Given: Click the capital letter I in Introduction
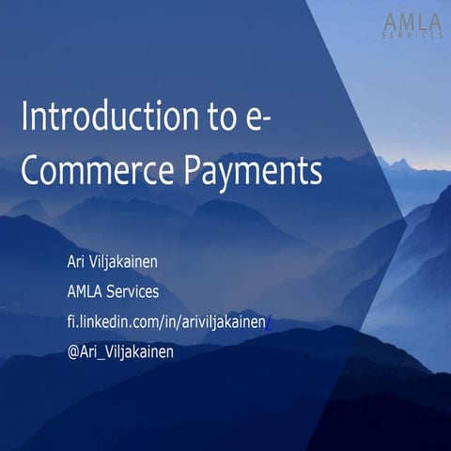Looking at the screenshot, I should (24, 117).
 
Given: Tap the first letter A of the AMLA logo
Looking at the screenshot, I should (390, 22).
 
